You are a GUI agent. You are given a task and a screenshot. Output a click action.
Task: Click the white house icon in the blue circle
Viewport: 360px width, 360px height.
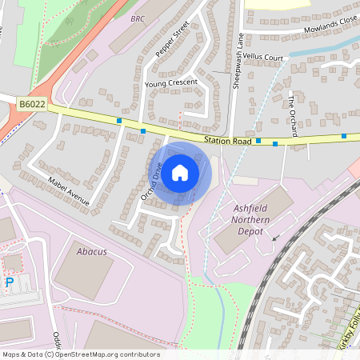click(180, 172)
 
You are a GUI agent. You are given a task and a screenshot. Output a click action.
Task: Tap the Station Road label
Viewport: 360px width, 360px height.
click(228, 141)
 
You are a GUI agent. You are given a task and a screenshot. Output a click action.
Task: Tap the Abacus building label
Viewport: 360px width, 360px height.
click(91, 251)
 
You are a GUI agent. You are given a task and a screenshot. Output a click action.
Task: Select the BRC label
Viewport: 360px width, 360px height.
click(138, 18)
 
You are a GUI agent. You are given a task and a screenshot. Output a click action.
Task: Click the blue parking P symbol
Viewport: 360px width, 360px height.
click(10, 282)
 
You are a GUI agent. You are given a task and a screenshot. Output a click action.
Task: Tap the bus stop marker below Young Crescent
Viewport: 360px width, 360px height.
click(143, 131)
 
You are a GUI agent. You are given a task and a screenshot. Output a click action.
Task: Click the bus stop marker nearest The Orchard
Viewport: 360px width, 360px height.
click(275, 144)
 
